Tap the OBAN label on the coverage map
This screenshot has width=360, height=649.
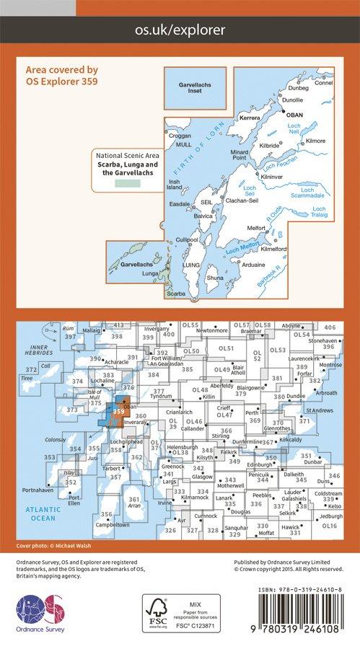tap(295, 115)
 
